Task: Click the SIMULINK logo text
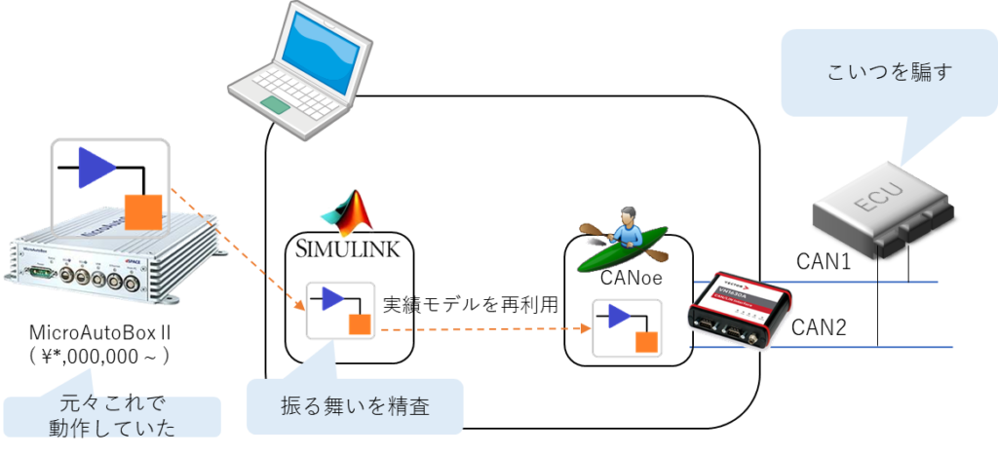click(348, 247)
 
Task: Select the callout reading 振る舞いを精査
click(355, 407)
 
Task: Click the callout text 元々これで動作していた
click(112, 415)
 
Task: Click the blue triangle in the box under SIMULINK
click(332, 299)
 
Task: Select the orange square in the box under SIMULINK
click(359, 323)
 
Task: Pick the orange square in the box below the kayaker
click(646, 341)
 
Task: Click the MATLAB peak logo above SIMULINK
click(348, 211)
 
